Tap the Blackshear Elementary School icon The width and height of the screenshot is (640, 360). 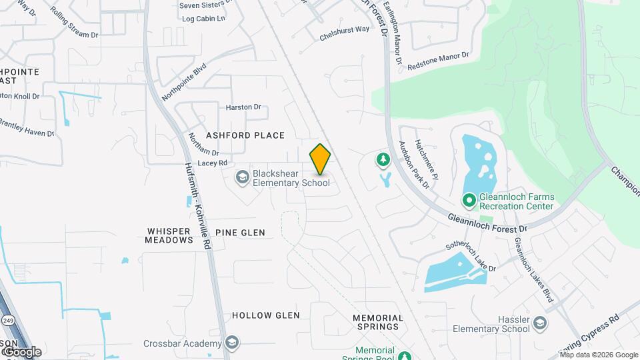click(x=241, y=177)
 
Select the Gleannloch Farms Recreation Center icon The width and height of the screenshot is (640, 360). click(x=469, y=199)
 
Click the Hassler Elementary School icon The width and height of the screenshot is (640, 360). click(x=540, y=323)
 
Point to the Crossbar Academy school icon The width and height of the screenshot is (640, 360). click(x=231, y=343)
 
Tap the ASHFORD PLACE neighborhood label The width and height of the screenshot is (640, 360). click(x=245, y=135)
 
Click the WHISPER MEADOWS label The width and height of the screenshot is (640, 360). click(x=169, y=235)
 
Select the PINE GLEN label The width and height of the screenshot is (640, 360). click(x=240, y=233)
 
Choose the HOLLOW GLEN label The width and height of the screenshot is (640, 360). click(x=265, y=315)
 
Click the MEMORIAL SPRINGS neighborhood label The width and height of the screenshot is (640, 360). click(x=378, y=322)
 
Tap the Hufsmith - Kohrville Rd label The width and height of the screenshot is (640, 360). click(x=198, y=206)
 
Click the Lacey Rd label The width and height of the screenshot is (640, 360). click(x=213, y=163)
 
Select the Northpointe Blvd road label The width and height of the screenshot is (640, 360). click(x=185, y=82)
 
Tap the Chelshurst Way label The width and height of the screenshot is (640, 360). click(x=344, y=30)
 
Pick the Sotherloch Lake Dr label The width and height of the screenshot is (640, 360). click(x=471, y=255)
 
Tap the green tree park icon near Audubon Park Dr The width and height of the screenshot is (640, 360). click(x=383, y=159)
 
